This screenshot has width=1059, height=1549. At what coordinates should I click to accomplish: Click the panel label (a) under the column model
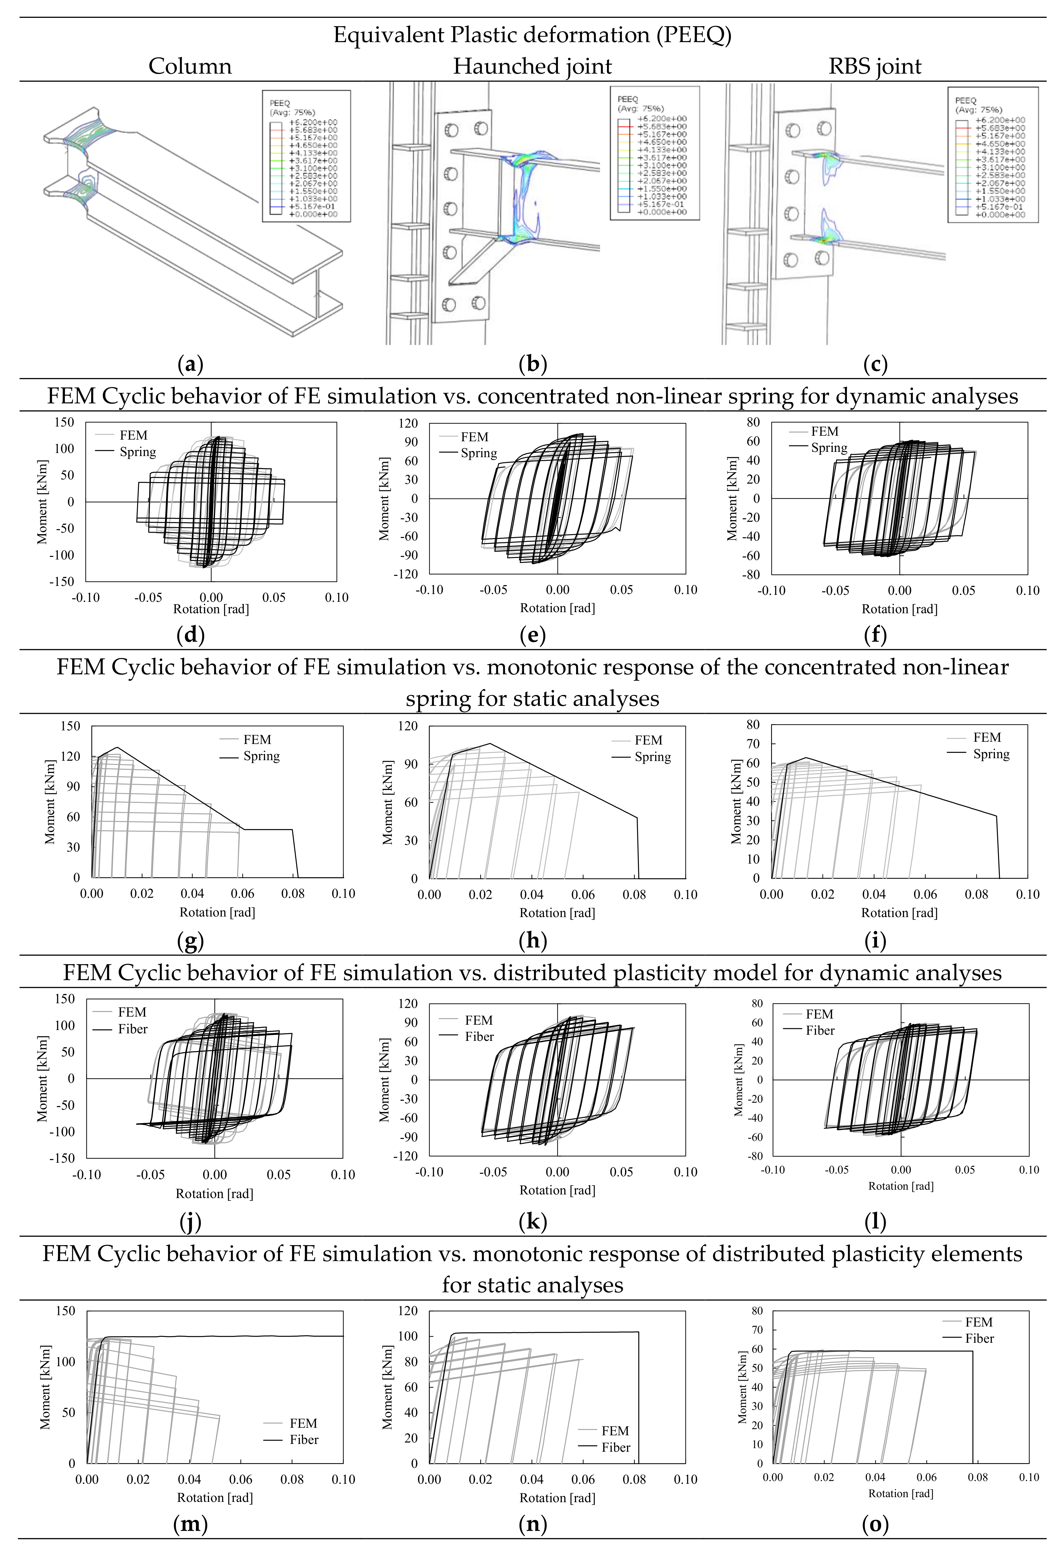pyautogui.click(x=191, y=364)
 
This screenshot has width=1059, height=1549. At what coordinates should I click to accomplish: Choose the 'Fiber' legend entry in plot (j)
pyautogui.click(x=133, y=1029)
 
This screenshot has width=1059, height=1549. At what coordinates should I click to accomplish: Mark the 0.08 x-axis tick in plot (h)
pyautogui.click(x=634, y=895)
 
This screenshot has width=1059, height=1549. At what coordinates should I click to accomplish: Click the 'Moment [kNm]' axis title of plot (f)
pyautogui.click(x=732, y=499)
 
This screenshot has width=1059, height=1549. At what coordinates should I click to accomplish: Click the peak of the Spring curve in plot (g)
pyautogui.click(x=118, y=747)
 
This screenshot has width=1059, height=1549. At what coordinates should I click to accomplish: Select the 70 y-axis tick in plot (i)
pyautogui.click(x=753, y=744)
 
